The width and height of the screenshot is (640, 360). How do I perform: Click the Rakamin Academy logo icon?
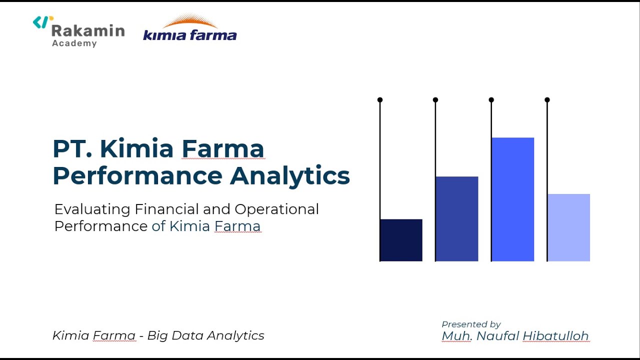click(42, 22)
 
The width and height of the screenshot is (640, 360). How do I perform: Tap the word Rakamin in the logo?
click(87, 31)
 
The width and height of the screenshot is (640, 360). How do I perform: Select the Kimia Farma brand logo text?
click(190, 35)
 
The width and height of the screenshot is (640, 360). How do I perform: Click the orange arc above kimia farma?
click(190, 21)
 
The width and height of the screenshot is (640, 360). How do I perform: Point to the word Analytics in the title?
click(290, 176)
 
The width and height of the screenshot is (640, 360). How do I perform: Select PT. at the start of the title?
click(72, 149)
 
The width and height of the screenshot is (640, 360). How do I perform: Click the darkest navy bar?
click(401, 240)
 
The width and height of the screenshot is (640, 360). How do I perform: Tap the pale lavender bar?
click(568, 227)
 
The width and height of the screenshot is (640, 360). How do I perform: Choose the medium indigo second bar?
click(456, 218)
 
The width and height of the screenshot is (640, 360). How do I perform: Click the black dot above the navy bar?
click(380, 100)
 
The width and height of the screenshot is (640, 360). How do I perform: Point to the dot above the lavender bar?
click(547, 100)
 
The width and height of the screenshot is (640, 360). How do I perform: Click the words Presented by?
click(471, 324)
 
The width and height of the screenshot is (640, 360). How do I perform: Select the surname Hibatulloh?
click(555, 336)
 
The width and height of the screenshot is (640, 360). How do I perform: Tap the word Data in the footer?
click(187, 335)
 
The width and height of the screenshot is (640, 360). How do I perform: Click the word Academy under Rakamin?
click(74, 43)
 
